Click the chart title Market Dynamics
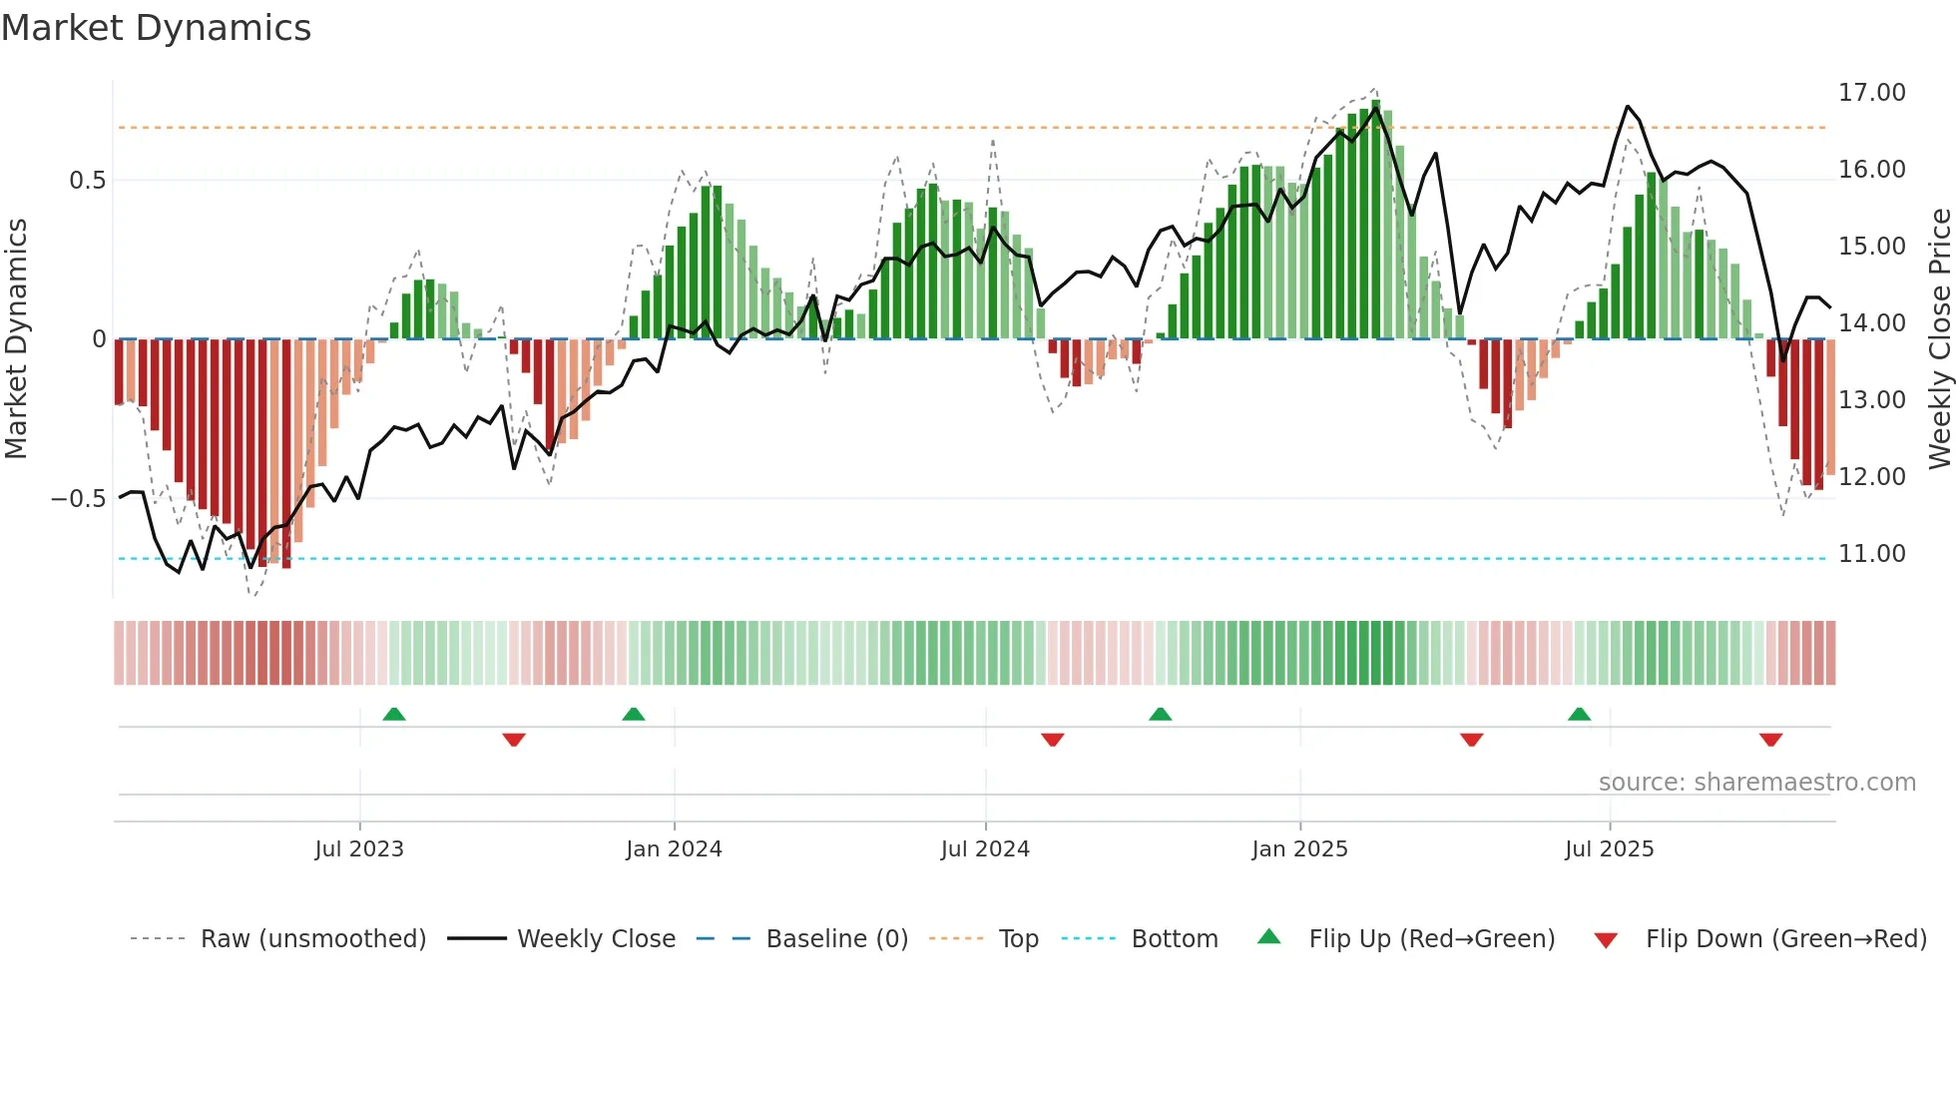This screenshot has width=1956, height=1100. click(x=156, y=28)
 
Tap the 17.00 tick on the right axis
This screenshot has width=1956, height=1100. click(x=1871, y=93)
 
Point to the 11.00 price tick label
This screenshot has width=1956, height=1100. click(x=1871, y=554)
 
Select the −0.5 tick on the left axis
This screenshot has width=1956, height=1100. click(x=78, y=499)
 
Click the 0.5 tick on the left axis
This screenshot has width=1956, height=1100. click(x=87, y=181)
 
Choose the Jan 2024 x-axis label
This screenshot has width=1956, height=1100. click(x=674, y=849)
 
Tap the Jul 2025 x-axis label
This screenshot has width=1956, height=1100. click(x=1609, y=849)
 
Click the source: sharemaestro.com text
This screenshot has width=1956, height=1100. click(x=1756, y=783)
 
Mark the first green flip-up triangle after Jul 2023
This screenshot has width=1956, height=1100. click(x=394, y=715)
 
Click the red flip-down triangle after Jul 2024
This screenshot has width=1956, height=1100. click(x=1052, y=740)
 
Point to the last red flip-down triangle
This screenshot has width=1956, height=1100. click(x=1770, y=740)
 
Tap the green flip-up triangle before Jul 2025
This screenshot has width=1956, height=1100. click(x=1579, y=715)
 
